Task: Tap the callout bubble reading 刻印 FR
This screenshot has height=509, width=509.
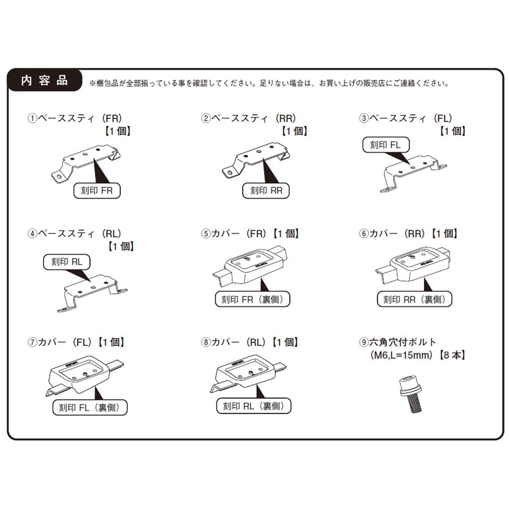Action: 97,190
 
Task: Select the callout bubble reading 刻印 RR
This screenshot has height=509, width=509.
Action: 266,190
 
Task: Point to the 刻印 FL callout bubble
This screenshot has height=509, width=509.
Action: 386,145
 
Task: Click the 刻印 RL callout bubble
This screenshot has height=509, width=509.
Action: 67,262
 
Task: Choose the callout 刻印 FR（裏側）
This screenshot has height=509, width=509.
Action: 253,299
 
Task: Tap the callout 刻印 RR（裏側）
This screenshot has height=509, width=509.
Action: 415,299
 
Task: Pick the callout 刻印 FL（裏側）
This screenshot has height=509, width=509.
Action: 90,408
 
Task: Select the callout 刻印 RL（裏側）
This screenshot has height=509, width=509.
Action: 254,406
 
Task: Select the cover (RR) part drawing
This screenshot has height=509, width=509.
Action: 413,265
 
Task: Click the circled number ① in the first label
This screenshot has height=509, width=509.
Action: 32,118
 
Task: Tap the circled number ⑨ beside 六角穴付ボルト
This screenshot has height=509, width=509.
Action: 363,342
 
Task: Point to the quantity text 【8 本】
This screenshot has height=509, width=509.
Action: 452,355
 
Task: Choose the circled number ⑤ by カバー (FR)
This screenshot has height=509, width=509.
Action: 206,234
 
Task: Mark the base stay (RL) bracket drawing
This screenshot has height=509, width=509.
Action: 92,293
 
